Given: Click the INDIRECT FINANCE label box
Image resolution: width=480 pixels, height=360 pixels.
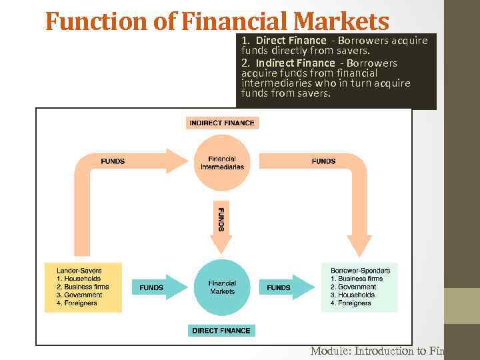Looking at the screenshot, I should (222, 123).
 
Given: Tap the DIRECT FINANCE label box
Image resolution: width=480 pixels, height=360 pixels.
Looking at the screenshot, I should (222, 330).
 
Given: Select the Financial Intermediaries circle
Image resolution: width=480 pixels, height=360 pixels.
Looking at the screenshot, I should (222, 163).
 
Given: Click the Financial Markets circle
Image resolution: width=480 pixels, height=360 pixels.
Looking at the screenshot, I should (222, 287).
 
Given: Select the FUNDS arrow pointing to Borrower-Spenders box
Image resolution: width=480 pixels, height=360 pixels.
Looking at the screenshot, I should (283, 287).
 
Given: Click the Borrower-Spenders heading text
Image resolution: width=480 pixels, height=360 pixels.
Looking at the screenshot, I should (360, 270).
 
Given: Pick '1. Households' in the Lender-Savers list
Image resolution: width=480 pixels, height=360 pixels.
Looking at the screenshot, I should (79, 279).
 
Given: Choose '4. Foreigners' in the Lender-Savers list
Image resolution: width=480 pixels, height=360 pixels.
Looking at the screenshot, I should (77, 303).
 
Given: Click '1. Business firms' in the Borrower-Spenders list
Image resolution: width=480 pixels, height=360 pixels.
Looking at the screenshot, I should (357, 279).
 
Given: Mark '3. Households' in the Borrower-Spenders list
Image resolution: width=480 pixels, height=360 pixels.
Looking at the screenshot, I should (353, 295).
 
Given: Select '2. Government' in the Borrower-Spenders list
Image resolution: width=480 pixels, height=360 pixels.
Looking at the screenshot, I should (353, 287).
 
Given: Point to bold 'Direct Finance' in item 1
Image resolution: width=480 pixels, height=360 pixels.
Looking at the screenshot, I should (291, 41).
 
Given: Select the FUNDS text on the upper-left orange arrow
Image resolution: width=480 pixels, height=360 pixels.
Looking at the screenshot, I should (113, 161).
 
